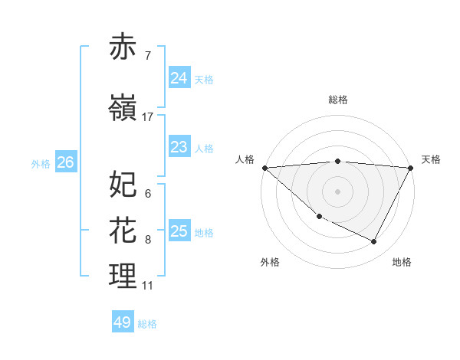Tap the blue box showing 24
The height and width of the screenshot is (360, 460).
(x=179, y=78)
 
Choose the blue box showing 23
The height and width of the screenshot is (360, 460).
(x=179, y=147)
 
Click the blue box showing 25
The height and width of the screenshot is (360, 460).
(x=179, y=231)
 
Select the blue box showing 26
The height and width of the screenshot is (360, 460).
(x=65, y=162)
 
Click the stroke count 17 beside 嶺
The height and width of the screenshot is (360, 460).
(x=148, y=117)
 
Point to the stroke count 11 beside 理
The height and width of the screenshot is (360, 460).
(x=148, y=286)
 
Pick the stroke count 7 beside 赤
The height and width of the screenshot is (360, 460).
(x=148, y=56)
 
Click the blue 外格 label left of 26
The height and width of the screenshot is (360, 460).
(x=41, y=163)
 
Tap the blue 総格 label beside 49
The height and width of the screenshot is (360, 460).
(x=148, y=324)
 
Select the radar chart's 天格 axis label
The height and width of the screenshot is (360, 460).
(x=431, y=159)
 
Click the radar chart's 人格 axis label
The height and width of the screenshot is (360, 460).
(x=245, y=159)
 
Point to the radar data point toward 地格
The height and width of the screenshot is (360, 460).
(x=374, y=242)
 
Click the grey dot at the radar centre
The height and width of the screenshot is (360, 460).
(x=337, y=191)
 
